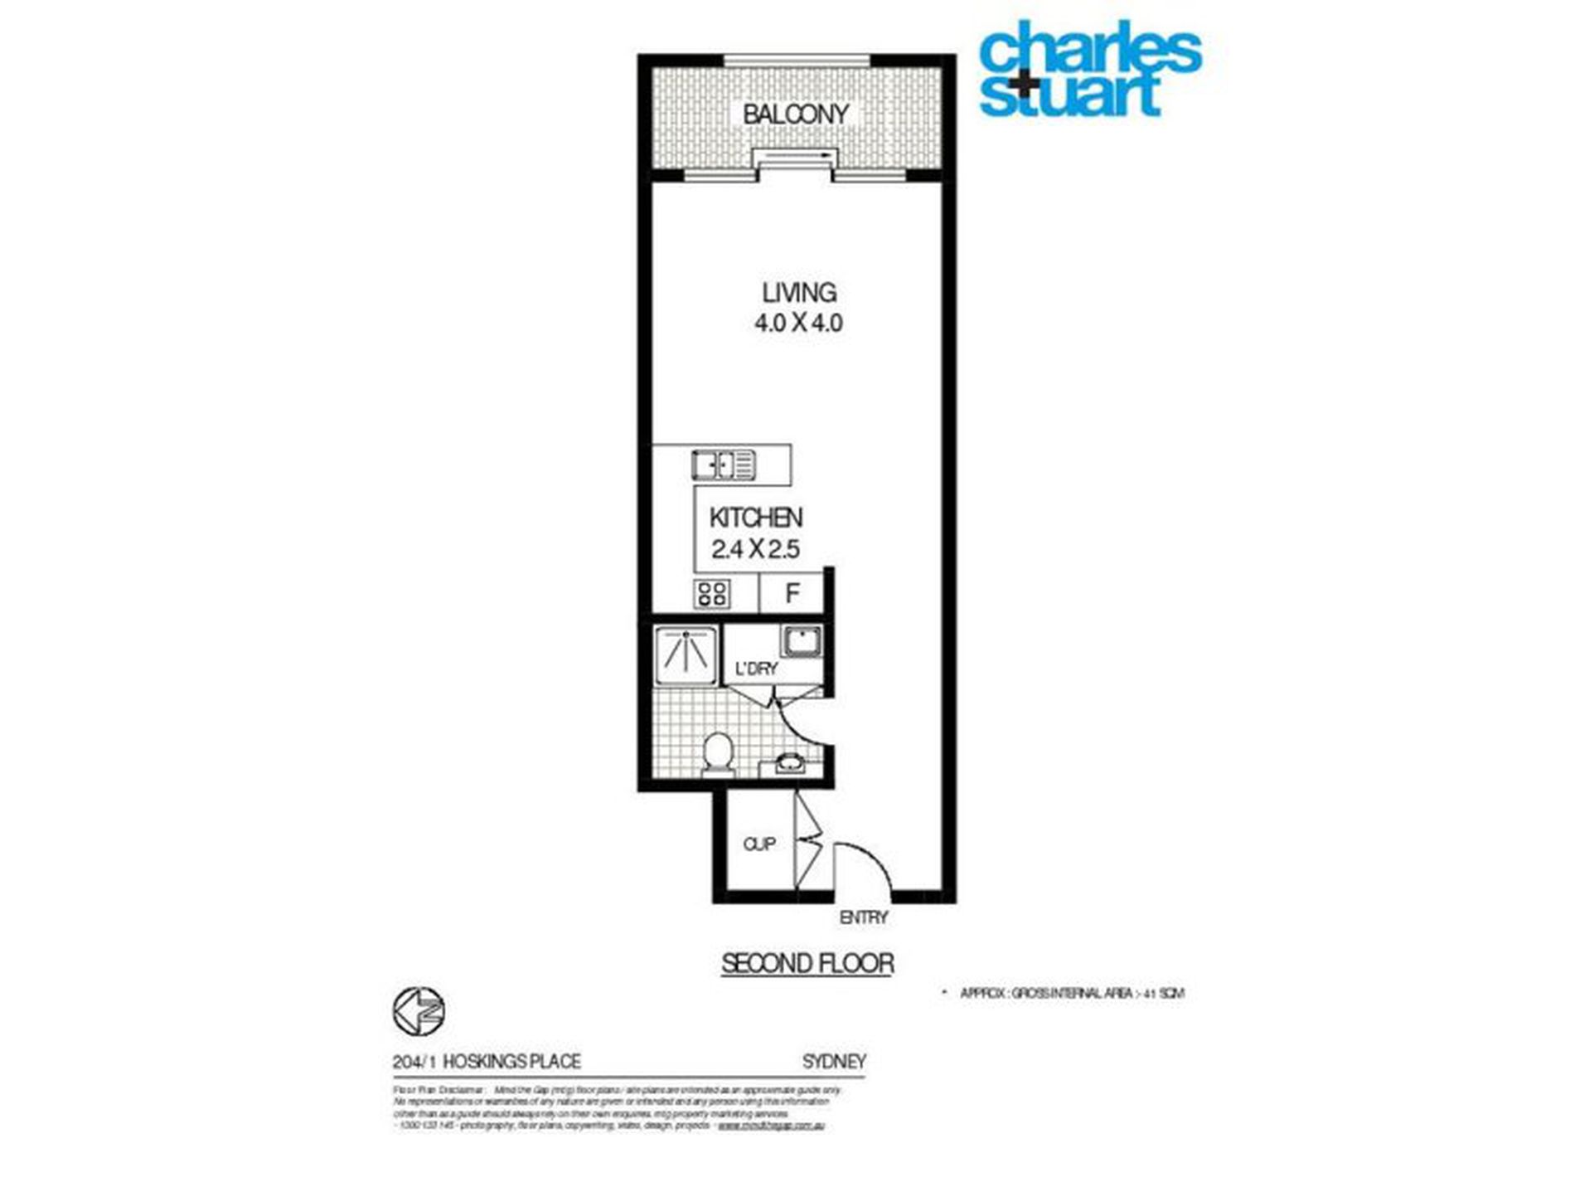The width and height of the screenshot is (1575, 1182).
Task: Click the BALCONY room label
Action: (x=795, y=114)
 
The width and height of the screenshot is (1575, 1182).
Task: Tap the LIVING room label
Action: (x=799, y=292)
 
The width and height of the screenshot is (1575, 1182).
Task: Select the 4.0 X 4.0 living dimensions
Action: (x=798, y=323)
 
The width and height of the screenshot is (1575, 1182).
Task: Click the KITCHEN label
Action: (x=755, y=518)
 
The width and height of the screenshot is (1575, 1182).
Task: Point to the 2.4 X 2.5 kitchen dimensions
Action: (x=755, y=548)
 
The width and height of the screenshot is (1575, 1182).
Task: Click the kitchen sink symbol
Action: (x=724, y=465)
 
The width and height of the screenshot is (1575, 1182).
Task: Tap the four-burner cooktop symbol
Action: (x=712, y=593)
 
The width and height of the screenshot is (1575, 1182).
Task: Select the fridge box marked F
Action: (x=792, y=593)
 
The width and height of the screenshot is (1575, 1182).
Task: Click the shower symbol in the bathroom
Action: (x=686, y=655)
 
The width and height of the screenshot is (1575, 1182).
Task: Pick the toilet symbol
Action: (x=717, y=753)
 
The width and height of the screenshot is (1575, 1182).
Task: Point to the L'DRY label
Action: (x=756, y=669)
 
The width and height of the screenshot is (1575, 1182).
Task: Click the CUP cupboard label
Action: (x=759, y=844)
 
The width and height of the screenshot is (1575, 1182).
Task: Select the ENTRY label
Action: (x=864, y=917)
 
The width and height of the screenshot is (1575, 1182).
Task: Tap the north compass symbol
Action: (x=419, y=1011)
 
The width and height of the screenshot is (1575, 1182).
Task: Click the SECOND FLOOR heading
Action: (x=807, y=964)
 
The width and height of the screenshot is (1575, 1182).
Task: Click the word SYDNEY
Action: (x=834, y=1061)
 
